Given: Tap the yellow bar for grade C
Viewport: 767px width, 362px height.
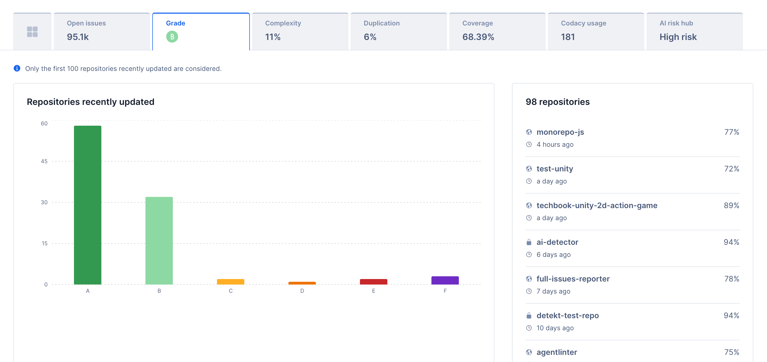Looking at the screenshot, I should pos(230,281).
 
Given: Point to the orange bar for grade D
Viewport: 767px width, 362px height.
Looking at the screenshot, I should pos(302,283).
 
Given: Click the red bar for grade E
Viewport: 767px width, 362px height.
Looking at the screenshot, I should pos(373,281).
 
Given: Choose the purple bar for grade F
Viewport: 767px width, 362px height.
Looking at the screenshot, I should pos(445,280).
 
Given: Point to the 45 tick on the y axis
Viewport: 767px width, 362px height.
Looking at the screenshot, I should pos(44,161).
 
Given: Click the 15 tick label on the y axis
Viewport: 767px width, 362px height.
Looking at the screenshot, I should pos(44,243).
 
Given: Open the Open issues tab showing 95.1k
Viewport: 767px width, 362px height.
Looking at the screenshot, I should pos(102,31).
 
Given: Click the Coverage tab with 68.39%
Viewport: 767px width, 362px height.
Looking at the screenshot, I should pos(497,31).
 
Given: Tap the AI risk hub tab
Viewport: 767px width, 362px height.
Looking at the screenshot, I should pos(694,31).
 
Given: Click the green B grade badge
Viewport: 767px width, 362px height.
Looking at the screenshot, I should pos(172,37).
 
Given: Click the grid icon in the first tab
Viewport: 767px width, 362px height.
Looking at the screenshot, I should pos(32,31).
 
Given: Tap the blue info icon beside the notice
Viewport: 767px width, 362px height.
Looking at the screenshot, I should pos(17,68).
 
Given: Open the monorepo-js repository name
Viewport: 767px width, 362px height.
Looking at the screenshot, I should pos(560,132).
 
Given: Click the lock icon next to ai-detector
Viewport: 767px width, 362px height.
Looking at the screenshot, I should pos(529,242).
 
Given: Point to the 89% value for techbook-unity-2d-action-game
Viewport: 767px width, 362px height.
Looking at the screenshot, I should pos(731,205).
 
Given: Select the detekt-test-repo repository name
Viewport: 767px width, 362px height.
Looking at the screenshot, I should pos(568,315).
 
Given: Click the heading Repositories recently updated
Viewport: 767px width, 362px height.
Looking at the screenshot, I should pos(90,102).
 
